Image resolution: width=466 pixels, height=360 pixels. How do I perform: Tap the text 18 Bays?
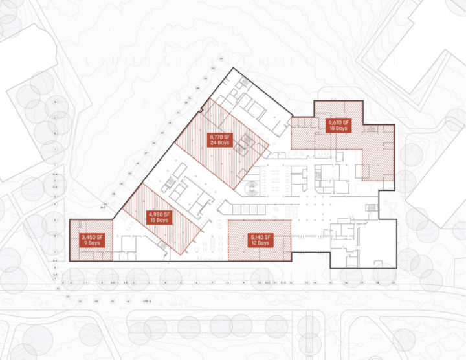tap(338, 129)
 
